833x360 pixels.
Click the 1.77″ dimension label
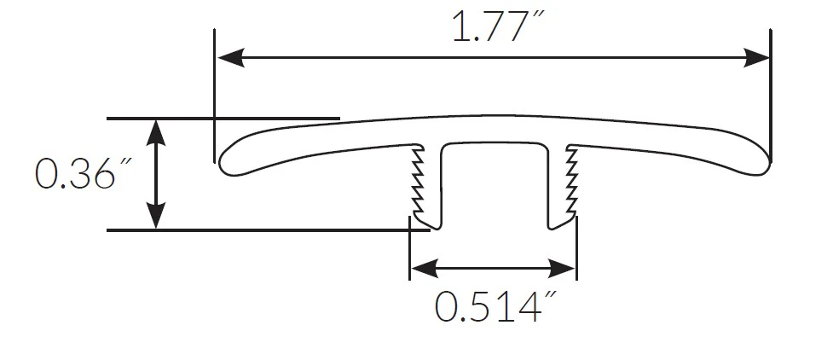point(498,26)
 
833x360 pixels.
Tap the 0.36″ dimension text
point(83,173)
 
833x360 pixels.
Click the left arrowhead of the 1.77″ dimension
point(231,57)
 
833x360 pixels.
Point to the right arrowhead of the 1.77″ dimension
point(755,57)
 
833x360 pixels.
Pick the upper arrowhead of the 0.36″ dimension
point(156,132)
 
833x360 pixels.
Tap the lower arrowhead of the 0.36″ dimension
point(156,216)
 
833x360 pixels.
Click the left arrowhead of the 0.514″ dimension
point(425,269)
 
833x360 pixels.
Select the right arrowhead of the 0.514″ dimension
point(562,269)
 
